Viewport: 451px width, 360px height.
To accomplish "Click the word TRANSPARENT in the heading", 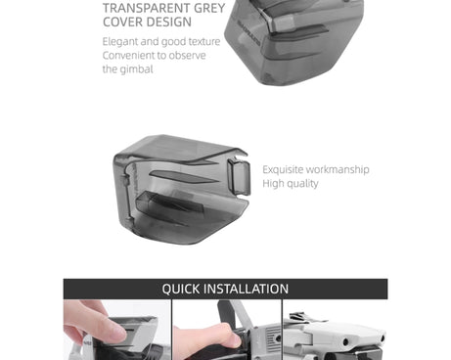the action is pyautogui.click(x=147, y=8).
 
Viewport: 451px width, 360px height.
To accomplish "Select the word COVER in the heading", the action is pyautogui.click(x=122, y=22).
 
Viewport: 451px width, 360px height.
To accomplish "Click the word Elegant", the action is pyautogui.click(x=120, y=42).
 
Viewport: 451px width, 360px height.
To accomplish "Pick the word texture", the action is pyautogui.click(x=204, y=41).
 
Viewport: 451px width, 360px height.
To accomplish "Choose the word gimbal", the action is pyautogui.click(x=136, y=69).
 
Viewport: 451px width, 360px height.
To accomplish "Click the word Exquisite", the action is pyautogui.click(x=283, y=169).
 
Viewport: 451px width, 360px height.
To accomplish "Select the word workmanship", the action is pyautogui.click(x=338, y=169).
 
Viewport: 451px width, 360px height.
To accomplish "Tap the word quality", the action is pyautogui.click(x=302, y=184).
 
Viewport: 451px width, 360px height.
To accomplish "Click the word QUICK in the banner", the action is pyautogui.click(x=181, y=289).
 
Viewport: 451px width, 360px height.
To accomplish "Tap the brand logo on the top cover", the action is pyautogui.click(x=249, y=33).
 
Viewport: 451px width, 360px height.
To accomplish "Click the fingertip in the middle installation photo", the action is pyautogui.click(x=233, y=338).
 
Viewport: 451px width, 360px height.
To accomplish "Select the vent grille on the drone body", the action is pyautogui.click(x=273, y=336).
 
